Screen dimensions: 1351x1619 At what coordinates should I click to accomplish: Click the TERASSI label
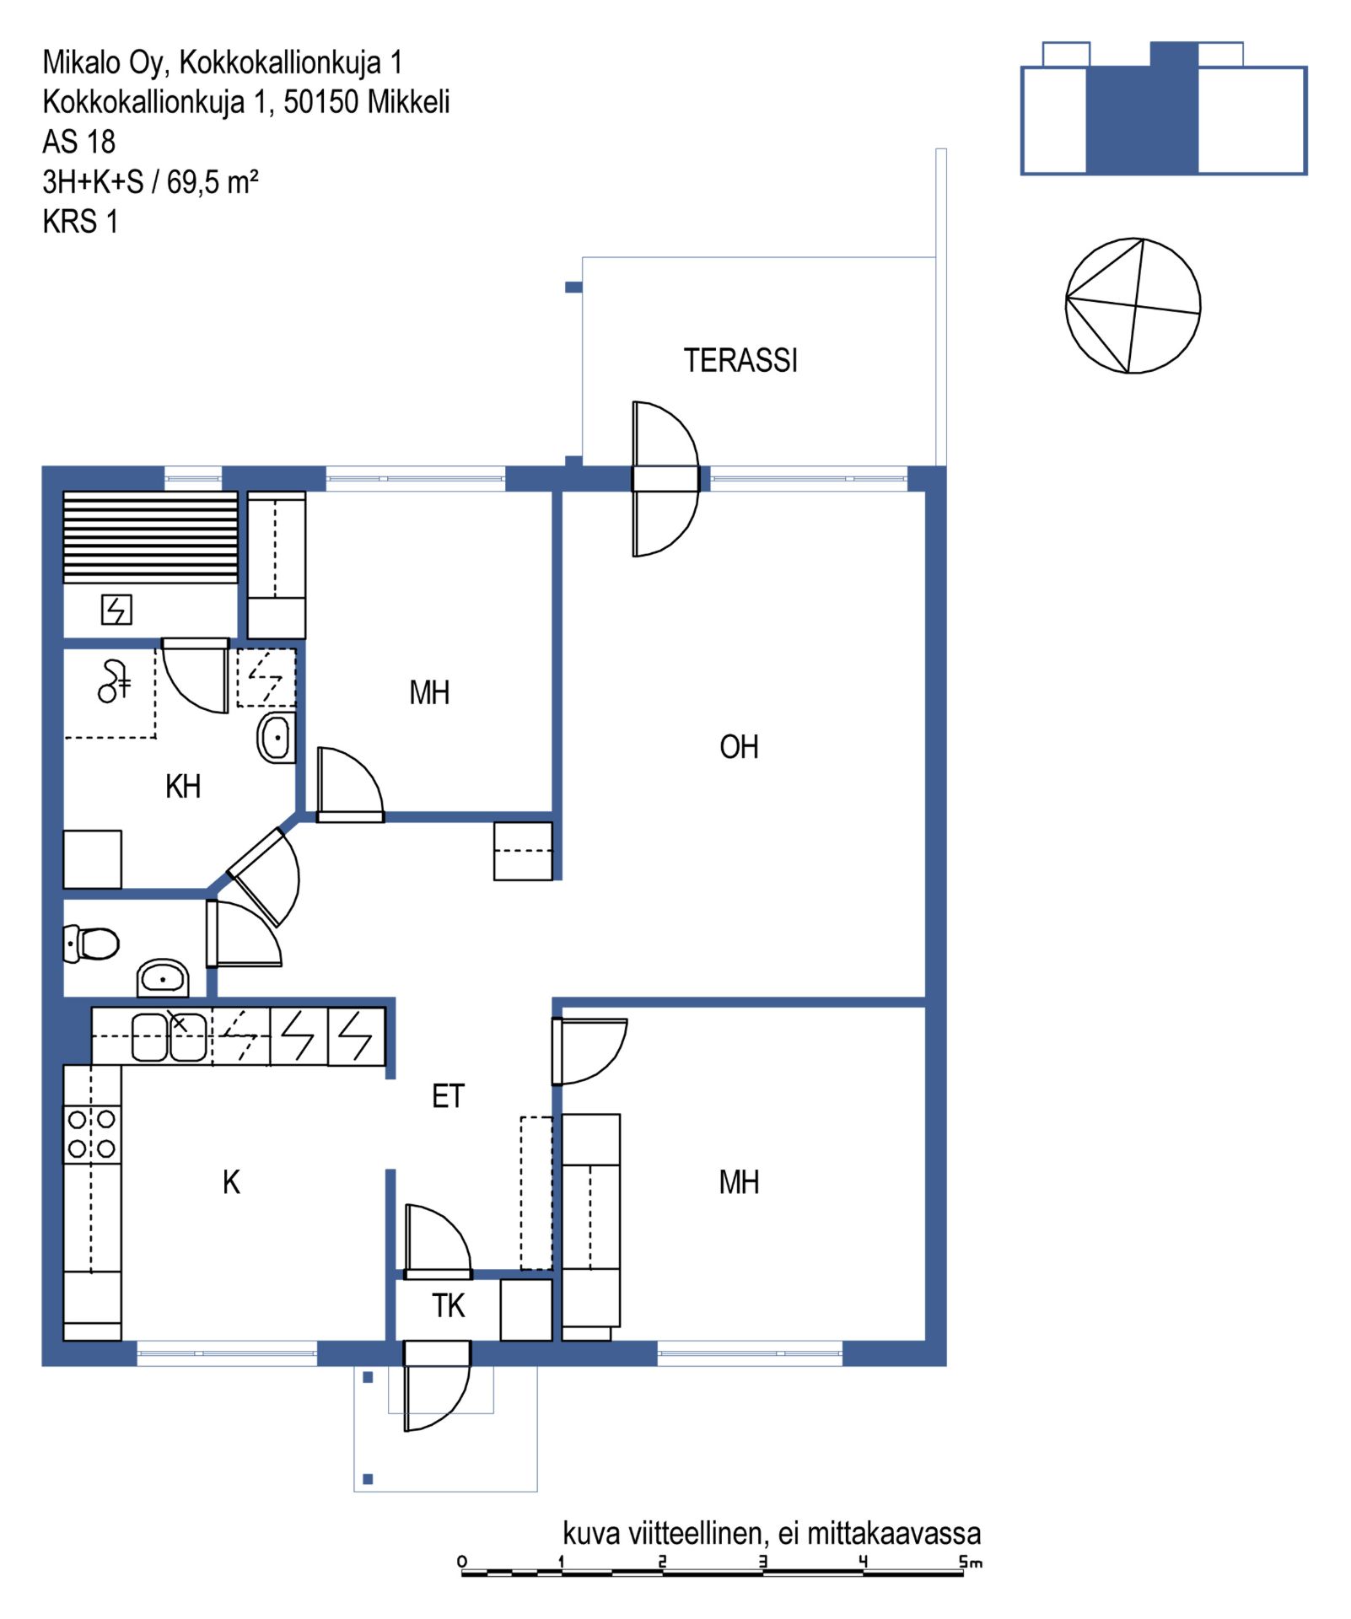pos(740,360)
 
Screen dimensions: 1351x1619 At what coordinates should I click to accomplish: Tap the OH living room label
pos(739,746)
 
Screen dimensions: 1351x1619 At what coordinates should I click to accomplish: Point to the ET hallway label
pos(448,1095)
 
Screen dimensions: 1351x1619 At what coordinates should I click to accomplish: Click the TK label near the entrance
pos(448,1305)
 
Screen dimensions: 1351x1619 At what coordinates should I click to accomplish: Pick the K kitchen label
pos(231,1182)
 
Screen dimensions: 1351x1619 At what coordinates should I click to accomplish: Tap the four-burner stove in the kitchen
pos(92,1134)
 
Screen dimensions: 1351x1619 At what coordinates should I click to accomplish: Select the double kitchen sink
pos(169,1036)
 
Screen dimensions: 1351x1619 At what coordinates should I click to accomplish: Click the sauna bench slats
pos(151,537)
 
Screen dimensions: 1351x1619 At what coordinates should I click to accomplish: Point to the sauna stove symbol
pos(116,609)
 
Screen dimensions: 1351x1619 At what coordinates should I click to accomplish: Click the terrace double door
pos(665,479)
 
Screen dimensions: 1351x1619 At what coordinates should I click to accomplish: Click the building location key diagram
pos(1163,108)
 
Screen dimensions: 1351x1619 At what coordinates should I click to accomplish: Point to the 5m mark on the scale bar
pos(970,1562)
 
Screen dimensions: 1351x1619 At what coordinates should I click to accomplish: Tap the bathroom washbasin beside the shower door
pos(277,738)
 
